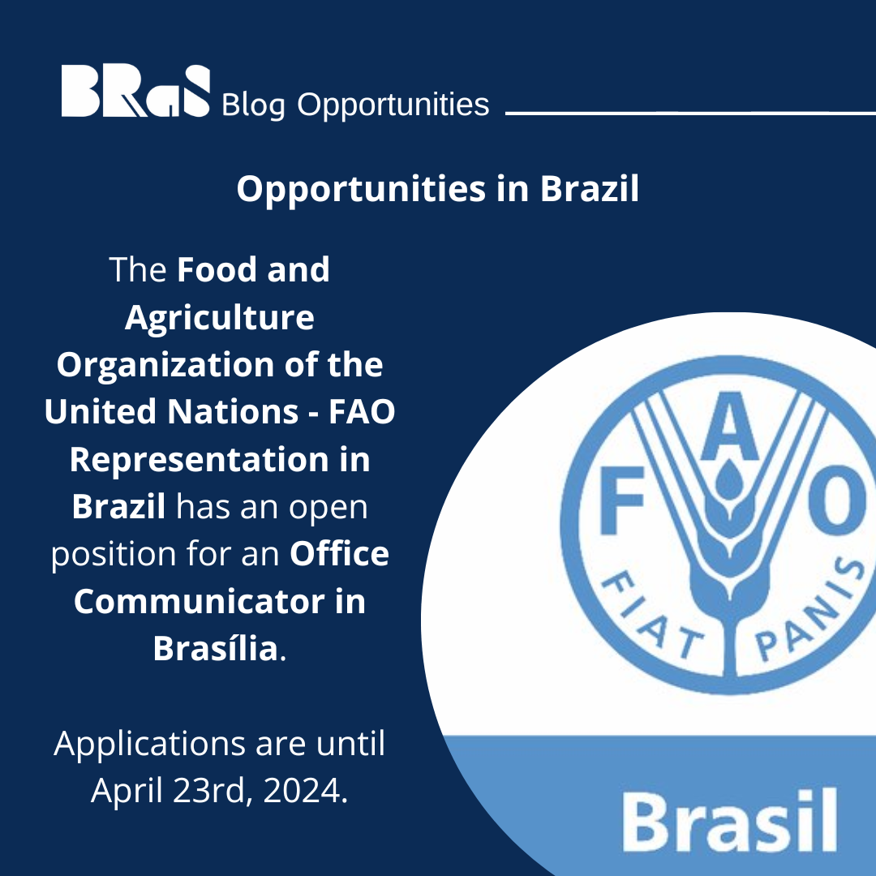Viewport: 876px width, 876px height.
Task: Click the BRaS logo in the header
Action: (135, 91)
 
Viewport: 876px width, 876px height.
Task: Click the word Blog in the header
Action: (252, 105)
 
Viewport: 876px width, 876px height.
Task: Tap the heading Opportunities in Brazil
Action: (438, 189)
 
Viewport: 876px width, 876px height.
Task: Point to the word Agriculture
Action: (219, 318)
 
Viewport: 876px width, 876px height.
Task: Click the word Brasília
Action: (216, 649)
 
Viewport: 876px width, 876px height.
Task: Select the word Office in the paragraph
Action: (340, 554)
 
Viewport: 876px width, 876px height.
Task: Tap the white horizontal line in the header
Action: (689, 113)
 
